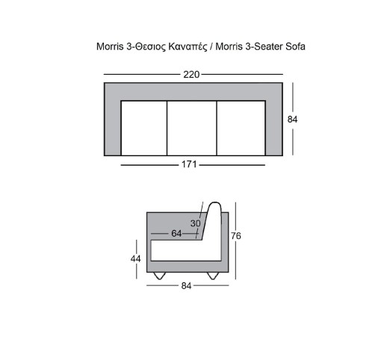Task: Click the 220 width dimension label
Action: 191,75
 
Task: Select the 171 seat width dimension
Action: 189,164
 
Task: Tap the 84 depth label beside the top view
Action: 292,120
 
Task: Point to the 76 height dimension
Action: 236,236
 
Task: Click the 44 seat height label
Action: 136,259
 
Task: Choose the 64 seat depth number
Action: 176,234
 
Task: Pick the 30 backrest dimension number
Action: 196,223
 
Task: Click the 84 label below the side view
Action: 186,286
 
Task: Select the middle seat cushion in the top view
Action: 192,128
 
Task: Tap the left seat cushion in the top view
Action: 144,128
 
